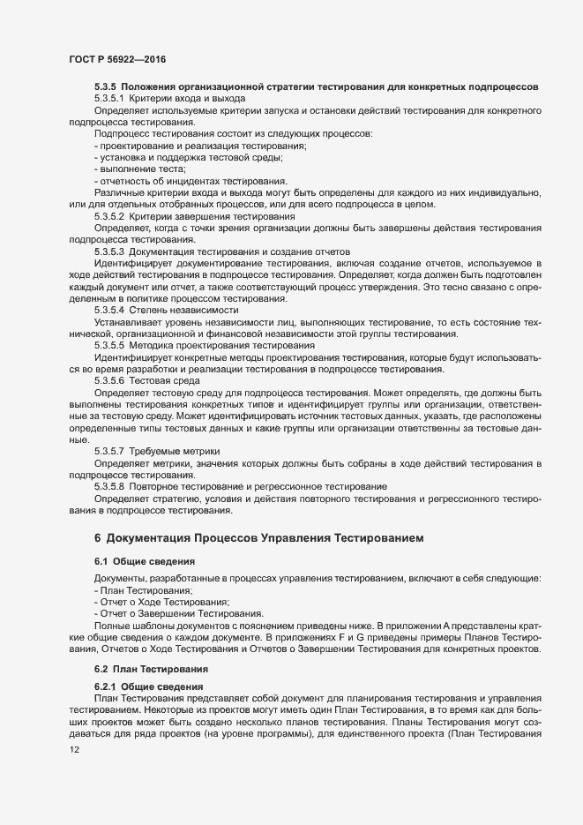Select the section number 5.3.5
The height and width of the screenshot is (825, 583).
coord(105,86)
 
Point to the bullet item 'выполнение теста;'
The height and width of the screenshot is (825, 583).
coord(141,168)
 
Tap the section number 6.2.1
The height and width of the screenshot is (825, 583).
coord(105,686)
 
